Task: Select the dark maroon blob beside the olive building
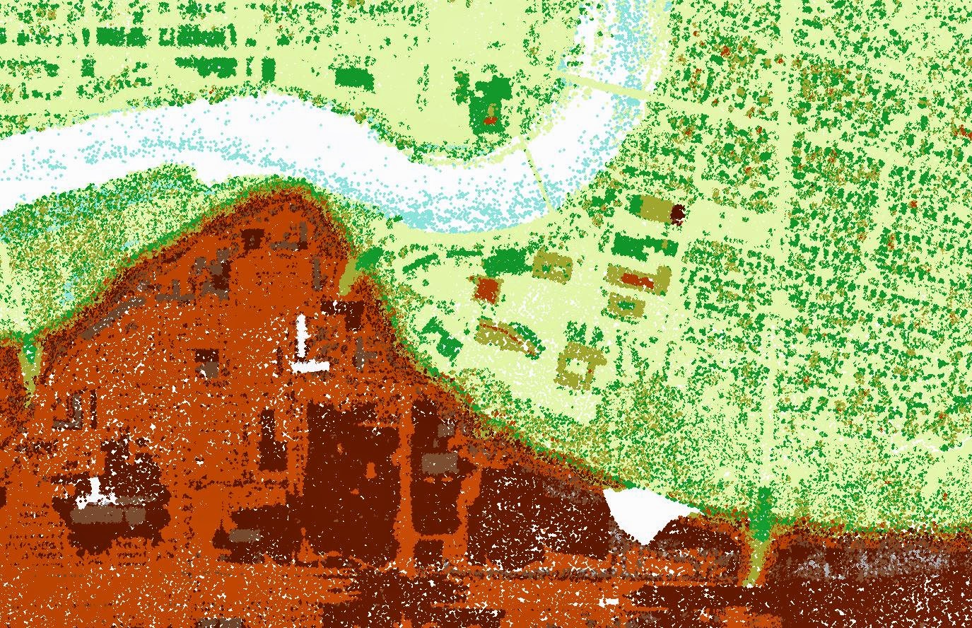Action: click(678, 212)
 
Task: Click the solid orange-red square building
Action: click(486, 289)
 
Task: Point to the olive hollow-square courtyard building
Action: click(578, 364)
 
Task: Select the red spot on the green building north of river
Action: click(490, 120)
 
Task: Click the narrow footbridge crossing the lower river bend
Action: click(540, 181)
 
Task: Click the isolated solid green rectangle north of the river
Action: click(353, 77)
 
